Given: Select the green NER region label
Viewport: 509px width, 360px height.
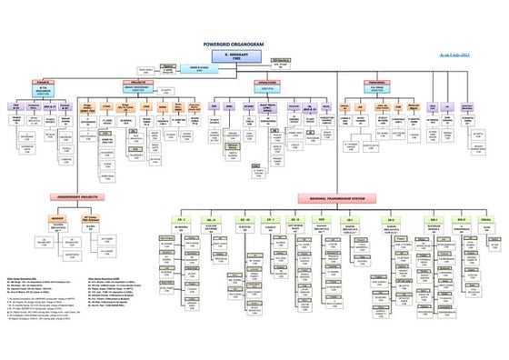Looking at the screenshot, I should [x=322, y=219].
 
